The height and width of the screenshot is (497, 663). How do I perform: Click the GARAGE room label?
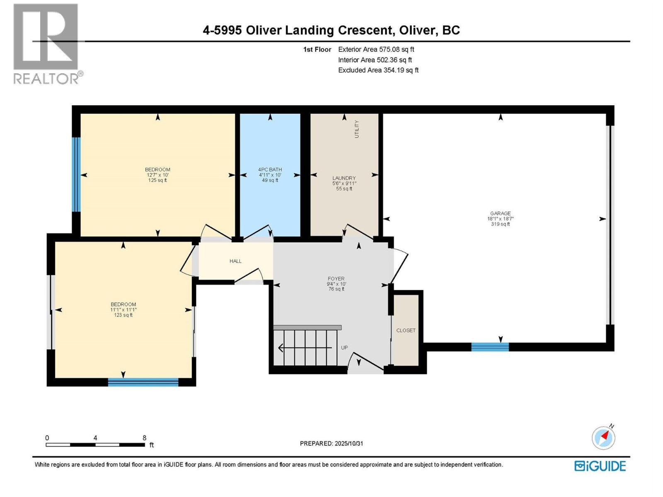(x=500, y=214)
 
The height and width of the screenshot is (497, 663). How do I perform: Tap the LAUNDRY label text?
(x=344, y=178)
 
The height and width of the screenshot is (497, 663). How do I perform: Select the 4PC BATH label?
(x=270, y=169)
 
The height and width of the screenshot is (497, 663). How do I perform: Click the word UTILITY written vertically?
(x=357, y=129)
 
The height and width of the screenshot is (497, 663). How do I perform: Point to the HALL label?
(x=235, y=261)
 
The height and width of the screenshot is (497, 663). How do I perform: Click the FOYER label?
(x=336, y=279)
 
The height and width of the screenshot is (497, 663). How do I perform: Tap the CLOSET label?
(x=406, y=331)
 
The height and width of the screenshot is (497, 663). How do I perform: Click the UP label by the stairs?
(x=344, y=348)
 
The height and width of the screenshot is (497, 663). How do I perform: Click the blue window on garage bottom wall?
(x=490, y=347)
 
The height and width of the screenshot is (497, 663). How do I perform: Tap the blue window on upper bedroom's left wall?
(x=76, y=174)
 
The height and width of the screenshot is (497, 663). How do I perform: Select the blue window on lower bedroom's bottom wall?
(x=143, y=382)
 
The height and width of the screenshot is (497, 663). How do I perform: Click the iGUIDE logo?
(x=600, y=466)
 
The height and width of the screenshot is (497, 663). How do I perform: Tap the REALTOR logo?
(x=46, y=43)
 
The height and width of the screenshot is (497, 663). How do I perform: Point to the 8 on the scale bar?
(x=144, y=438)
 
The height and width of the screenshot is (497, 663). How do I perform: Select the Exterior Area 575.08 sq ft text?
(x=376, y=49)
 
